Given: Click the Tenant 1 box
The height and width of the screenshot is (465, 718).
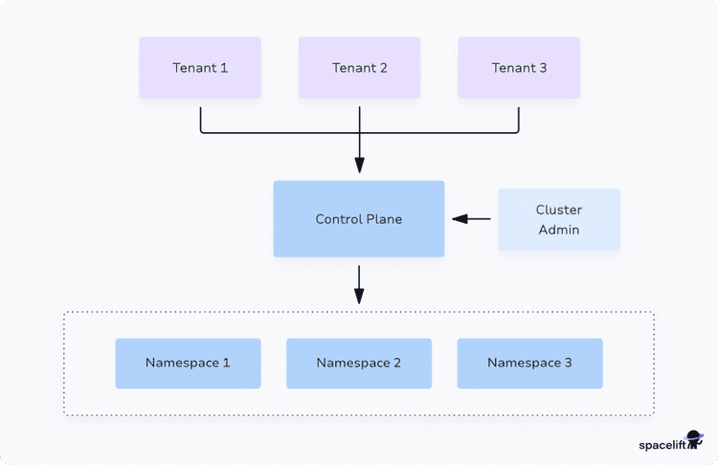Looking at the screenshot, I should click(x=200, y=68).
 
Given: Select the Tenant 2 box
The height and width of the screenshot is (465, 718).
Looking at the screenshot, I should click(x=359, y=68).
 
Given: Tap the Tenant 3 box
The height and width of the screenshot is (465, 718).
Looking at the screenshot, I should click(x=519, y=68).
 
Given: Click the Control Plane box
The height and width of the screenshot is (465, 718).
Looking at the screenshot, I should click(x=359, y=219).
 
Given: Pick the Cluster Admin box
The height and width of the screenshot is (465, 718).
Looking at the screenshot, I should click(x=559, y=220).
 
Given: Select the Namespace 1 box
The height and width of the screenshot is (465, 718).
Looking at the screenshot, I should click(x=188, y=364).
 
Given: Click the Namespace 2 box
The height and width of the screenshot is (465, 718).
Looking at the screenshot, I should click(x=359, y=364).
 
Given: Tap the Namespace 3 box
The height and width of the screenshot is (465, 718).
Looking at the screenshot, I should click(x=529, y=364).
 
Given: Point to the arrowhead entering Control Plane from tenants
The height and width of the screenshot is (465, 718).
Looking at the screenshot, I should click(x=359, y=165).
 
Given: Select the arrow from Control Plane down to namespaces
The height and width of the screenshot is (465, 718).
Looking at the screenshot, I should click(x=359, y=284).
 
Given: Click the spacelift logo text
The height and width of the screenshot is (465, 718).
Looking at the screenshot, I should click(x=662, y=445).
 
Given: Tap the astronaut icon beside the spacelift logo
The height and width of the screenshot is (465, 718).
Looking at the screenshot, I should click(x=694, y=441).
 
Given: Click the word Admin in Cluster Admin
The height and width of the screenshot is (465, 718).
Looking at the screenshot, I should click(x=559, y=230).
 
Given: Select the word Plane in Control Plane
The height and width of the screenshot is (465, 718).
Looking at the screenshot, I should click(x=383, y=219).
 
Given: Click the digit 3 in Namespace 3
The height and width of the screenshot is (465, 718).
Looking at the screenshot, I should click(x=569, y=364).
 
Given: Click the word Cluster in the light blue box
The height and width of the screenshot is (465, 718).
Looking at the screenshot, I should click(x=559, y=210).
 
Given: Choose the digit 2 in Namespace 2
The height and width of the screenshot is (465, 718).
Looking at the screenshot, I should click(x=397, y=364).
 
